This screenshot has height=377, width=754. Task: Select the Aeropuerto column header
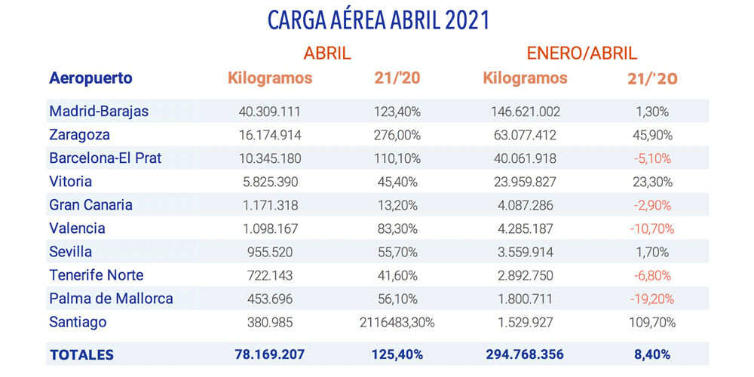pyautogui.click(x=90, y=78)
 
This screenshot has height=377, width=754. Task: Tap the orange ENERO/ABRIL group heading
pyautogui.click(x=581, y=54)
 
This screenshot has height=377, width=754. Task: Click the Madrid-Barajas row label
pyautogui.click(x=99, y=112)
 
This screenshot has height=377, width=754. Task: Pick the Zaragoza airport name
pyautogui.click(x=79, y=135)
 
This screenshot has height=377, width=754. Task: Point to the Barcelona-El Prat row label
pyautogui.click(x=106, y=158)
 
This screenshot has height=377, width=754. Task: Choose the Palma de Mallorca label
pyautogui.click(x=111, y=299)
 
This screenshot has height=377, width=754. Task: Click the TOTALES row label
pyautogui.click(x=81, y=354)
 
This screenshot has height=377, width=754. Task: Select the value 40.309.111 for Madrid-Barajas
pyautogui.click(x=269, y=112)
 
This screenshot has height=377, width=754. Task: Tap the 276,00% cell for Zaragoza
pyautogui.click(x=397, y=135)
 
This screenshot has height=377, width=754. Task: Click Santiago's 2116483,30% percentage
pyautogui.click(x=397, y=322)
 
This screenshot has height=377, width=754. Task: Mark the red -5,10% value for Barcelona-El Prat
pyautogui.click(x=653, y=158)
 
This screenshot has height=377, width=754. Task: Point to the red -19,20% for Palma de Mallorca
pyautogui.click(x=653, y=299)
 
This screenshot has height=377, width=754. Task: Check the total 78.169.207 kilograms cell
pyautogui.click(x=269, y=354)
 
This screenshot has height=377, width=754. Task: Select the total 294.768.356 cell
pyautogui.click(x=525, y=354)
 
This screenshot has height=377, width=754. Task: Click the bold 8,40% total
pyautogui.click(x=653, y=354)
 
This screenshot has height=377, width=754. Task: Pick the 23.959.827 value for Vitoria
pyautogui.click(x=525, y=182)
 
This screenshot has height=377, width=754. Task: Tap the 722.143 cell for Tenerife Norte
pyautogui.click(x=269, y=275)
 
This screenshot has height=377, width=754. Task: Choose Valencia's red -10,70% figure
pyautogui.click(x=653, y=228)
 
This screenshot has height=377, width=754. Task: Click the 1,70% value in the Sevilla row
pyautogui.click(x=653, y=252)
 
